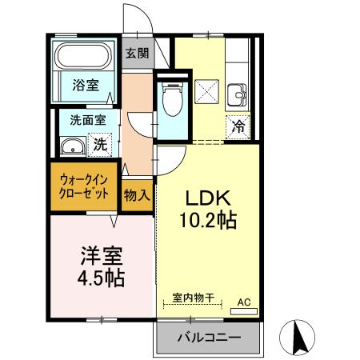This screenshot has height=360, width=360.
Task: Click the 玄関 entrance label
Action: pyautogui.click(x=136, y=54)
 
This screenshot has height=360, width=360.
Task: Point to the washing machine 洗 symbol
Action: pyautogui.click(x=100, y=146)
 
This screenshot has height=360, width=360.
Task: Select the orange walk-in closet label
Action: pyautogui.click(x=84, y=187)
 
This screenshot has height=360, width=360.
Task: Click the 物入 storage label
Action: pyautogui.click(x=137, y=194)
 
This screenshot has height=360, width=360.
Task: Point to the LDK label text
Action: pyautogui.click(x=210, y=197)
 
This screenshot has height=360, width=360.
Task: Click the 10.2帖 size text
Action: pyautogui.click(x=210, y=221)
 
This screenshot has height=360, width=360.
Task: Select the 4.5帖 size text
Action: pyautogui.click(x=101, y=279)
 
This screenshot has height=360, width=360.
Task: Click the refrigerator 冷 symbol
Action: pyautogui.click(x=238, y=125)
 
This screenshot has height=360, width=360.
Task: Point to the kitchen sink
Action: pyautogui.click(x=238, y=94)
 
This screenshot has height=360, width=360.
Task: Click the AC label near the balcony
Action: pyautogui.click(x=245, y=302)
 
